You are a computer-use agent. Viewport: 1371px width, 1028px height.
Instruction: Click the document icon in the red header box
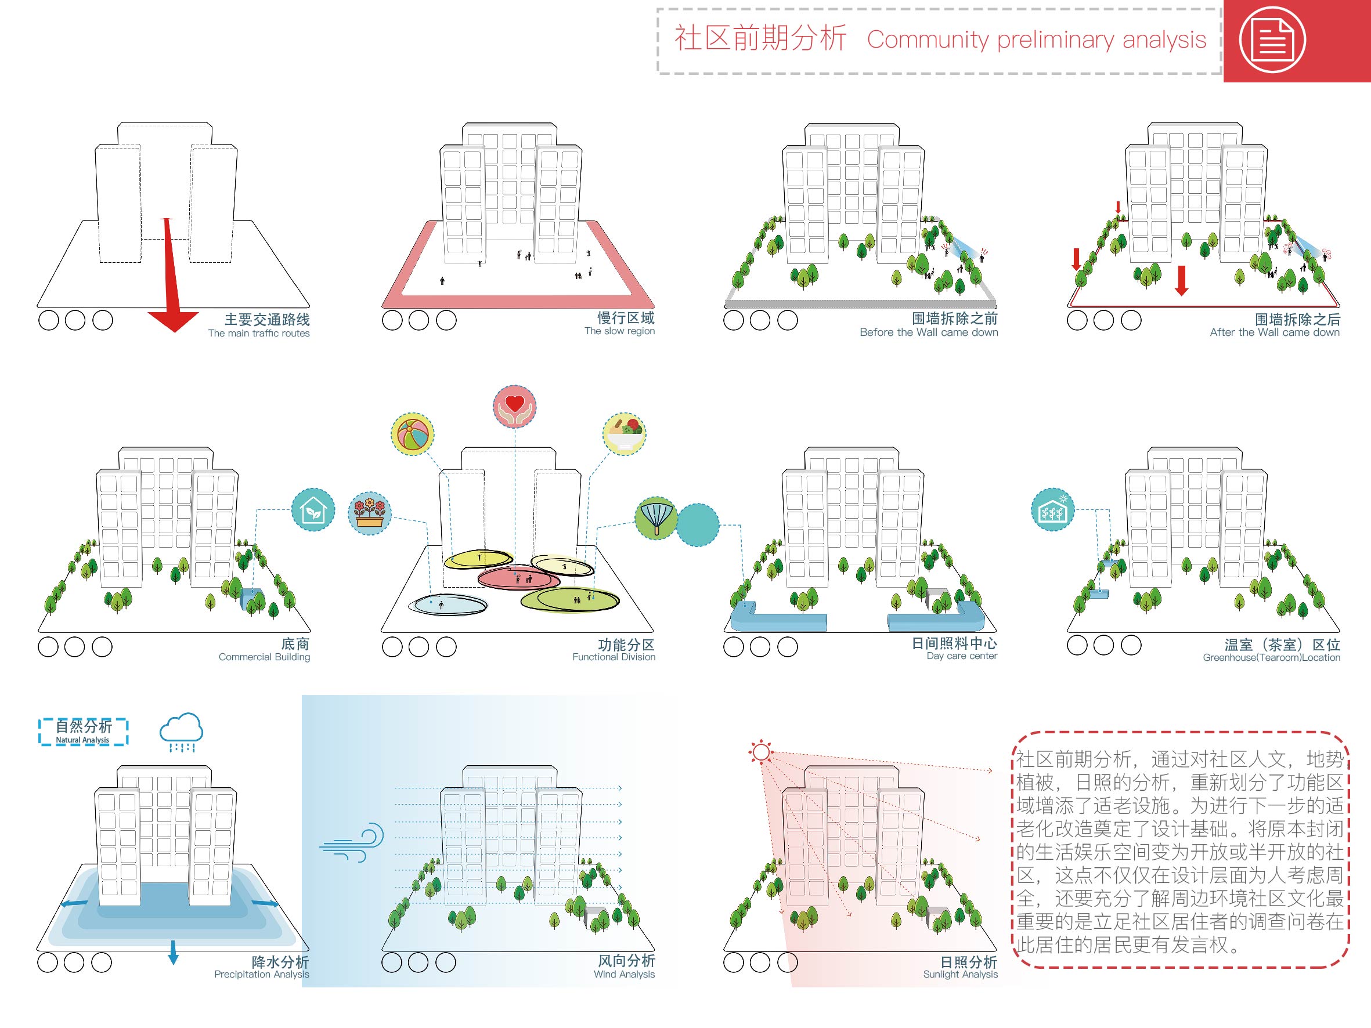point(1272,39)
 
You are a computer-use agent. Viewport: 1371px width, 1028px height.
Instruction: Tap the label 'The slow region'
point(619,331)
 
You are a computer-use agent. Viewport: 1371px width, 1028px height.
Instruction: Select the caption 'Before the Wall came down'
point(929,332)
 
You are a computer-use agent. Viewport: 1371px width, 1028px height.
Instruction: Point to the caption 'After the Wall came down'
point(1274,332)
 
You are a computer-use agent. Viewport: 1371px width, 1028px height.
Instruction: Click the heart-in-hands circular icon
point(514,407)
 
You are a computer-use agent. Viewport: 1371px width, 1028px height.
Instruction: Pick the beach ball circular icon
point(412,435)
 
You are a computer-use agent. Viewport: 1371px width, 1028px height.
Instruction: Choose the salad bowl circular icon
point(624,434)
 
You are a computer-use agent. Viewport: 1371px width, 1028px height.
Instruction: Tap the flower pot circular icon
point(369,513)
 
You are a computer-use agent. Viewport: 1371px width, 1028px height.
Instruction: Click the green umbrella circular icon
point(656,518)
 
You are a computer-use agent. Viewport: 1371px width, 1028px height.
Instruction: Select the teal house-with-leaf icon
point(313,510)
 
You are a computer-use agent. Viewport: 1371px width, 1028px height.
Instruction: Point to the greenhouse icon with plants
point(1052,510)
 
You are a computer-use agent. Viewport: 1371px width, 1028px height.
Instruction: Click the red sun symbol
point(760,752)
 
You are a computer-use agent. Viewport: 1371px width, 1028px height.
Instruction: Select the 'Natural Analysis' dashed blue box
point(83,732)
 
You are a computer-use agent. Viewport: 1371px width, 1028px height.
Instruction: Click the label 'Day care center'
point(961,656)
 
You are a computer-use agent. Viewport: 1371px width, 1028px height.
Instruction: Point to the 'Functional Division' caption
point(614,657)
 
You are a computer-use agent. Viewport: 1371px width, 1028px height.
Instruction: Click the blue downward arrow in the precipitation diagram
point(173,952)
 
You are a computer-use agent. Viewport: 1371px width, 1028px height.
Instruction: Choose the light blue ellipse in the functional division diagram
point(449,604)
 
